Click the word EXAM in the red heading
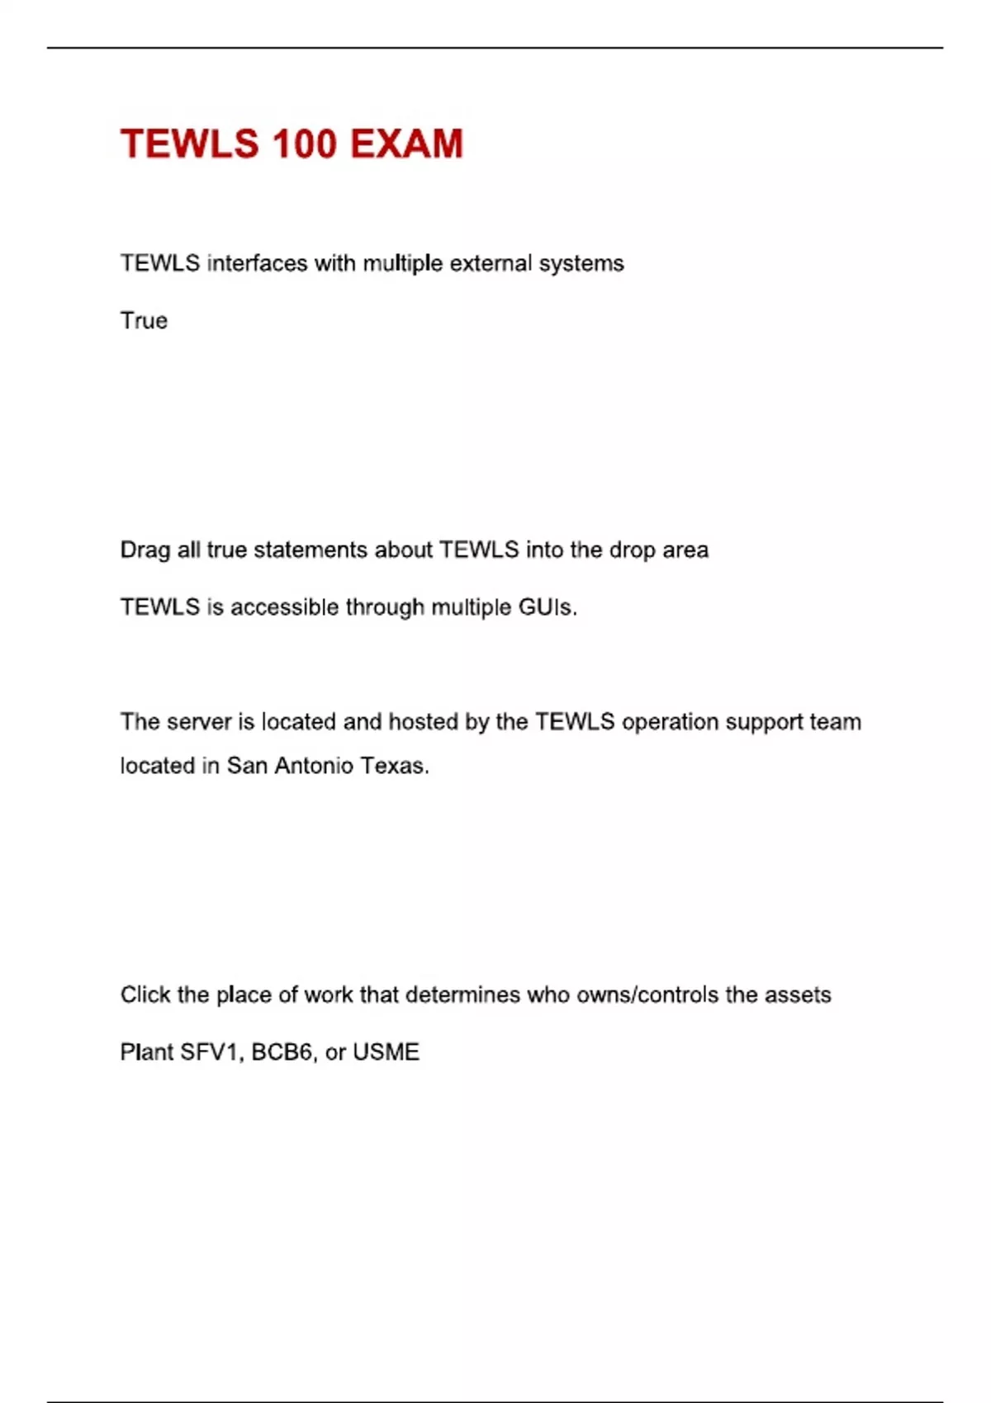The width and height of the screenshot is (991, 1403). (x=406, y=144)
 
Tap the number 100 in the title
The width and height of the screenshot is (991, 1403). (x=304, y=144)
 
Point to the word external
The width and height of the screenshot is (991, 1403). (x=491, y=263)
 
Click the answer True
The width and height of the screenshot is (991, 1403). (x=144, y=320)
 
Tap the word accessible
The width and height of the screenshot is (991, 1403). (x=284, y=607)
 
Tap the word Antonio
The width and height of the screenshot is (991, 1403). (x=314, y=766)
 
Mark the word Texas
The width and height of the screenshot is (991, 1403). (x=395, y=766)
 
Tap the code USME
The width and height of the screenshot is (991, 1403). (x=386, y=1052)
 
